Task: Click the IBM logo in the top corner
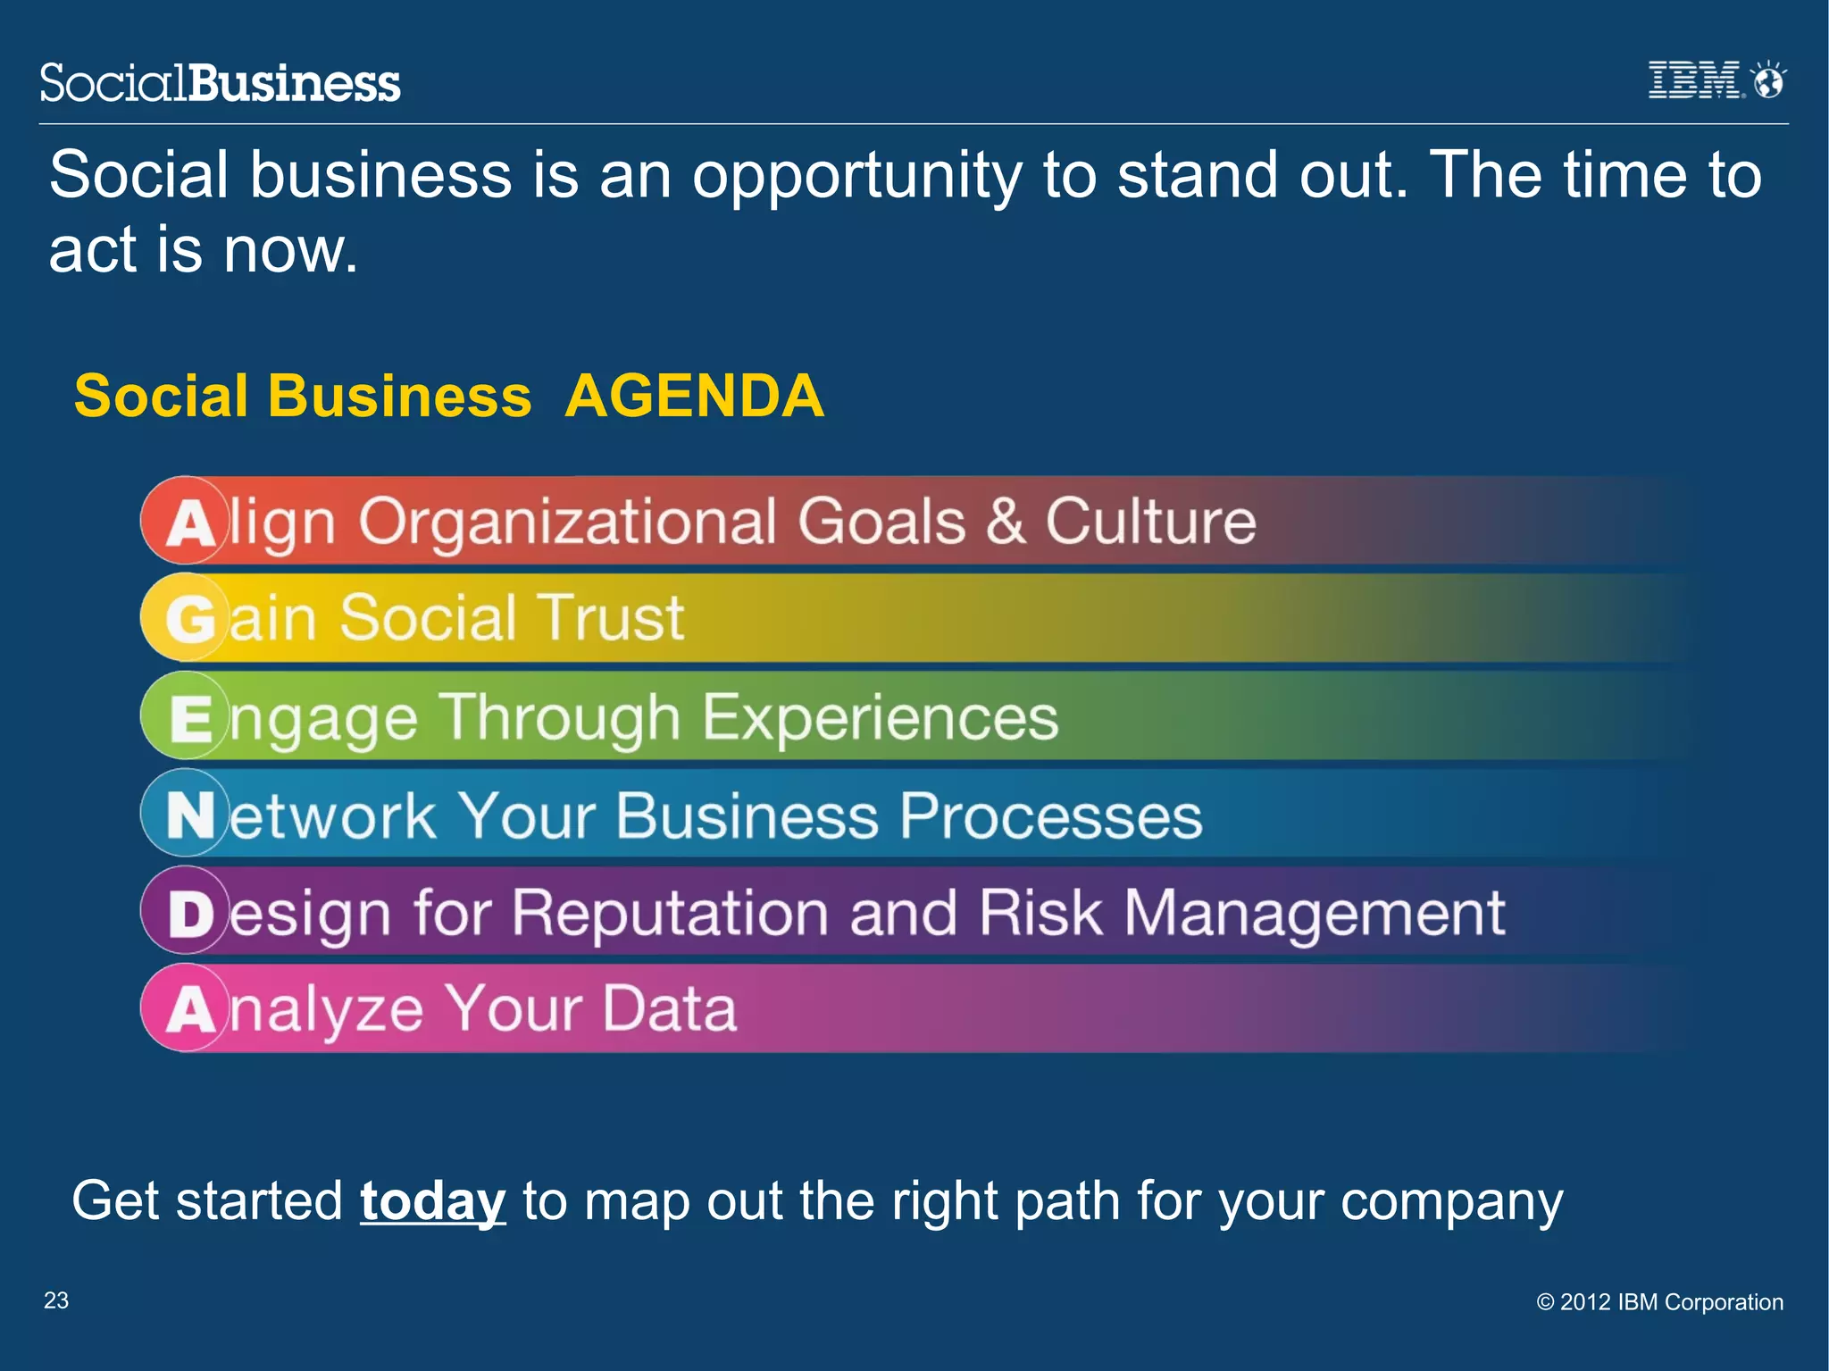pos(1694,80)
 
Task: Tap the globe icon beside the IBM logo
pos(1768,80)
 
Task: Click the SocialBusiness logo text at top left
pos(221,83)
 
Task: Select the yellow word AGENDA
pos(694,396)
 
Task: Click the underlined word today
pos(433,1201)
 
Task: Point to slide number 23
pos(56,1300)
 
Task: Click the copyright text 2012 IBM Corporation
pos(1659,1302)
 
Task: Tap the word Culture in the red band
pos(1150,521)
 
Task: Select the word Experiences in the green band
pos(880,717)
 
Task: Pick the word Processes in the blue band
pos(1051,815)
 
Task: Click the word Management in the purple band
pos(1314,914)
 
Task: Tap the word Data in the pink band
pos(669,1009)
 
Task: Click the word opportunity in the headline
pos(856,177)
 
